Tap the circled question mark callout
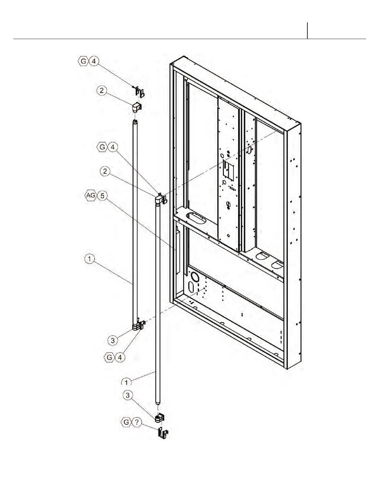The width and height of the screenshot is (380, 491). tap(137, 422)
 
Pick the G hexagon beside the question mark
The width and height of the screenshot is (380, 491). tap(126, 422)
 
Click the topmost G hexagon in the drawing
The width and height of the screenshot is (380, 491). tap(83, 61)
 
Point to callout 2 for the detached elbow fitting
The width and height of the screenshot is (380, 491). tap(102, 91)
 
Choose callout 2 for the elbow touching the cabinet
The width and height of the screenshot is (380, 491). tap(105, 171)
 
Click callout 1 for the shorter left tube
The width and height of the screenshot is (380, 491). tap(89, 259)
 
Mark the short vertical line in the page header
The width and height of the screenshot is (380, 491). tap(307, 30)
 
